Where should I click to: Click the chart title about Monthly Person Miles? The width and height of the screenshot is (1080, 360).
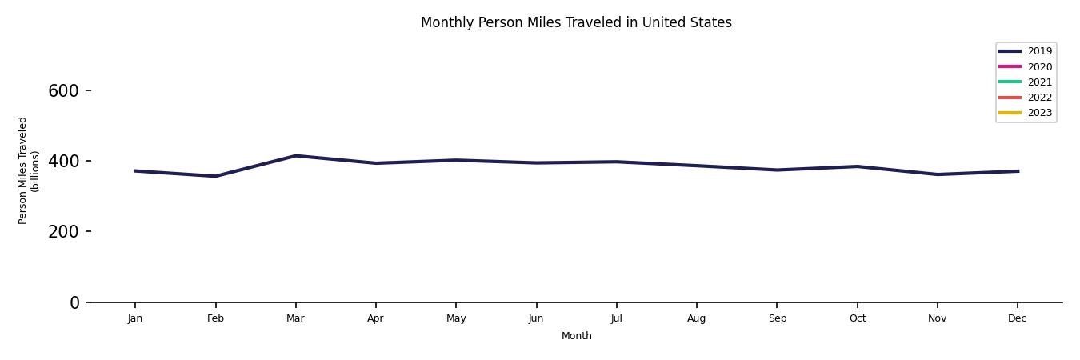click(576, 22)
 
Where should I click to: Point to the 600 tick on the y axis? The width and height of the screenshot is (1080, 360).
click(63, 91)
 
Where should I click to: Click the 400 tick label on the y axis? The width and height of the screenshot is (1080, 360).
click(63, 162)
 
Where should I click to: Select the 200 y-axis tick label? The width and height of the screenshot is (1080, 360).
click(63, 232)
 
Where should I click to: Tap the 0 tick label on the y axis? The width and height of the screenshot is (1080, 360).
click(75, 302)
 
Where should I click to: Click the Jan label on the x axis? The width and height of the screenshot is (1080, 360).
click(135, 318)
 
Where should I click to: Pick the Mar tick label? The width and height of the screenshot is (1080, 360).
click(295, 318)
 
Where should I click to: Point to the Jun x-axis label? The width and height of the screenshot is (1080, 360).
click(536, 318)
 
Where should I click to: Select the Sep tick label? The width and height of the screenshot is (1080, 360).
click(777, 318)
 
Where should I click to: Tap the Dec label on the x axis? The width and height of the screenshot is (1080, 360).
click(1017, 318)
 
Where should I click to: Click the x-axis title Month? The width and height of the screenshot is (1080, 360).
click(576, 336)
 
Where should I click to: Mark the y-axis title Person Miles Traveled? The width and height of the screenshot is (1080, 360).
click(29, 170)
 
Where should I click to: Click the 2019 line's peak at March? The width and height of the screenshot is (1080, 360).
click(295, 156)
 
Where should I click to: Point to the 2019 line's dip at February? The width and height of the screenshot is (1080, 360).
click(215, 176)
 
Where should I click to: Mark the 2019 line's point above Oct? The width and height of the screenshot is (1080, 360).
click(857, 166)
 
